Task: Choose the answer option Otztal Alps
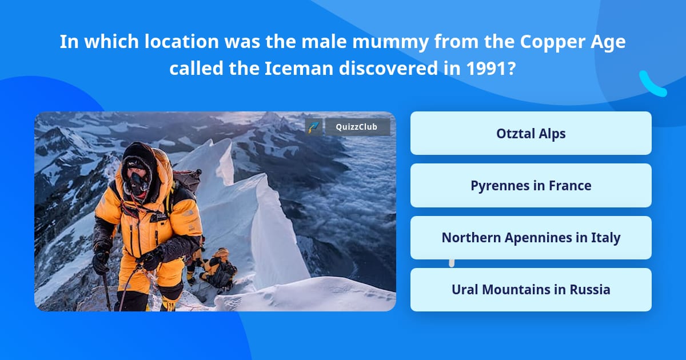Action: (531, 134)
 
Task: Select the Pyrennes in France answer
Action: (531, 186)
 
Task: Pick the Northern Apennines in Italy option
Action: (531, 238)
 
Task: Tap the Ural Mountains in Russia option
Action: (531, 290)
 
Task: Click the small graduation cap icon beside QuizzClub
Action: (314, 127)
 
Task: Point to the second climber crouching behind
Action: (217, 268)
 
